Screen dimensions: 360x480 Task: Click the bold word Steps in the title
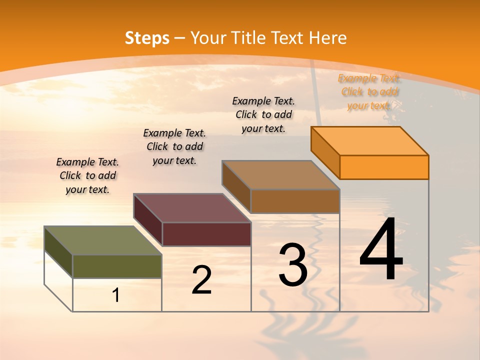147,38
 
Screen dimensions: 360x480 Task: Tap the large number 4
381,251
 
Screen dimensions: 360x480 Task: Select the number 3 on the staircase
293,265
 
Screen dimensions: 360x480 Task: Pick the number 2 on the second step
201,280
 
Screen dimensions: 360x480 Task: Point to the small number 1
115,295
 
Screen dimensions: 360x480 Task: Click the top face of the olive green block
103,240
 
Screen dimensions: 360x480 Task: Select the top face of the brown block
281,175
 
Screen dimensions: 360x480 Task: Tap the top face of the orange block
370,141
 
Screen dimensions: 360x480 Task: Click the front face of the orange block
384,167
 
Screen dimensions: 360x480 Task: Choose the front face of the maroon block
206,234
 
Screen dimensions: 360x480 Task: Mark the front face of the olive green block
117,266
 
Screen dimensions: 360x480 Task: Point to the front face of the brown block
295,201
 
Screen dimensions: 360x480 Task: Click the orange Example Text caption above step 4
369,92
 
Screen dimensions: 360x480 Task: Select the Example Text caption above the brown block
263,114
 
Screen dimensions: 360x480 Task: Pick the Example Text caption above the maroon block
174,146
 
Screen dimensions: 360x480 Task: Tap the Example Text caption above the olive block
87,175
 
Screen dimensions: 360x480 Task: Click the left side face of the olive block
58,252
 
